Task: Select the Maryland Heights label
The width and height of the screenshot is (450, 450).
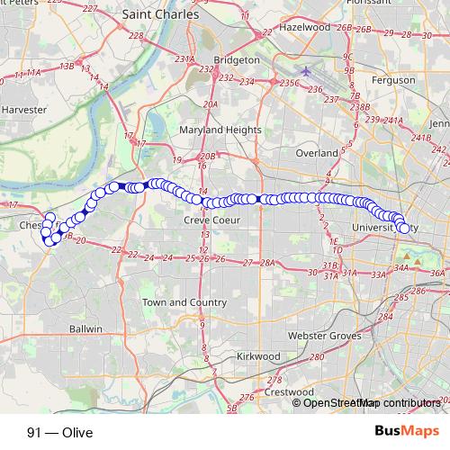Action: coord(220,130)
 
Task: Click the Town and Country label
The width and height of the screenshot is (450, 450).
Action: coord(184,302)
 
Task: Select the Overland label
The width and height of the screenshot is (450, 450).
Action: coord(317,153)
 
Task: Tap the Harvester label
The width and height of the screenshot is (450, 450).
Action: coord(24,109)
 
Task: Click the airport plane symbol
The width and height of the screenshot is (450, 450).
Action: coord(306,70)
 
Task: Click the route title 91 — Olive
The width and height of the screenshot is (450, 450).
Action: coord(60,432)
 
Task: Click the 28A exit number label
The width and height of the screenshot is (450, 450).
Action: coord(265,263)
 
